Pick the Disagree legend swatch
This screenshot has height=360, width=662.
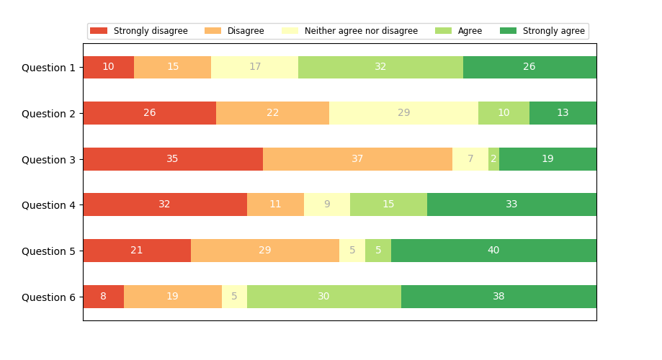point(214,31)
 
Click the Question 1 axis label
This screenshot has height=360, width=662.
point(48,68)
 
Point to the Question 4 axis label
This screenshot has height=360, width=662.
point(48,205)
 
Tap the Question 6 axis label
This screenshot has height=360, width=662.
point(48,297)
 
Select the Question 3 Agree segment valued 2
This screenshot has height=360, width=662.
point(493,159)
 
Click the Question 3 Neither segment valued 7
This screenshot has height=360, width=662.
point(470,159)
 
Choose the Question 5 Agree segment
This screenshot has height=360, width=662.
point(378,251)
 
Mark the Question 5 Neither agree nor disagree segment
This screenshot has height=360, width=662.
point(352,251)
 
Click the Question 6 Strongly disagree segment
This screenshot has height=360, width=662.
point(103,297)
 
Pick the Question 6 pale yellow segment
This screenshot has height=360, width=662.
point(234,297)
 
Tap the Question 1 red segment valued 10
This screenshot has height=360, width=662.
point(108,67)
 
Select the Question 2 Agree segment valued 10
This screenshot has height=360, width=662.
point(504,113)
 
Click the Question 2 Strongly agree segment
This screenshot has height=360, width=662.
point(563,113)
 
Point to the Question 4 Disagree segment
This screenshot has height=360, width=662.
point(275,204)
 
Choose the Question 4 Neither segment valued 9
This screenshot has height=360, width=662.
point(327,204)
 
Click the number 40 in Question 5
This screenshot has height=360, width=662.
point(493,251)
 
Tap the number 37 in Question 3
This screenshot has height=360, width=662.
point(357,159)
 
